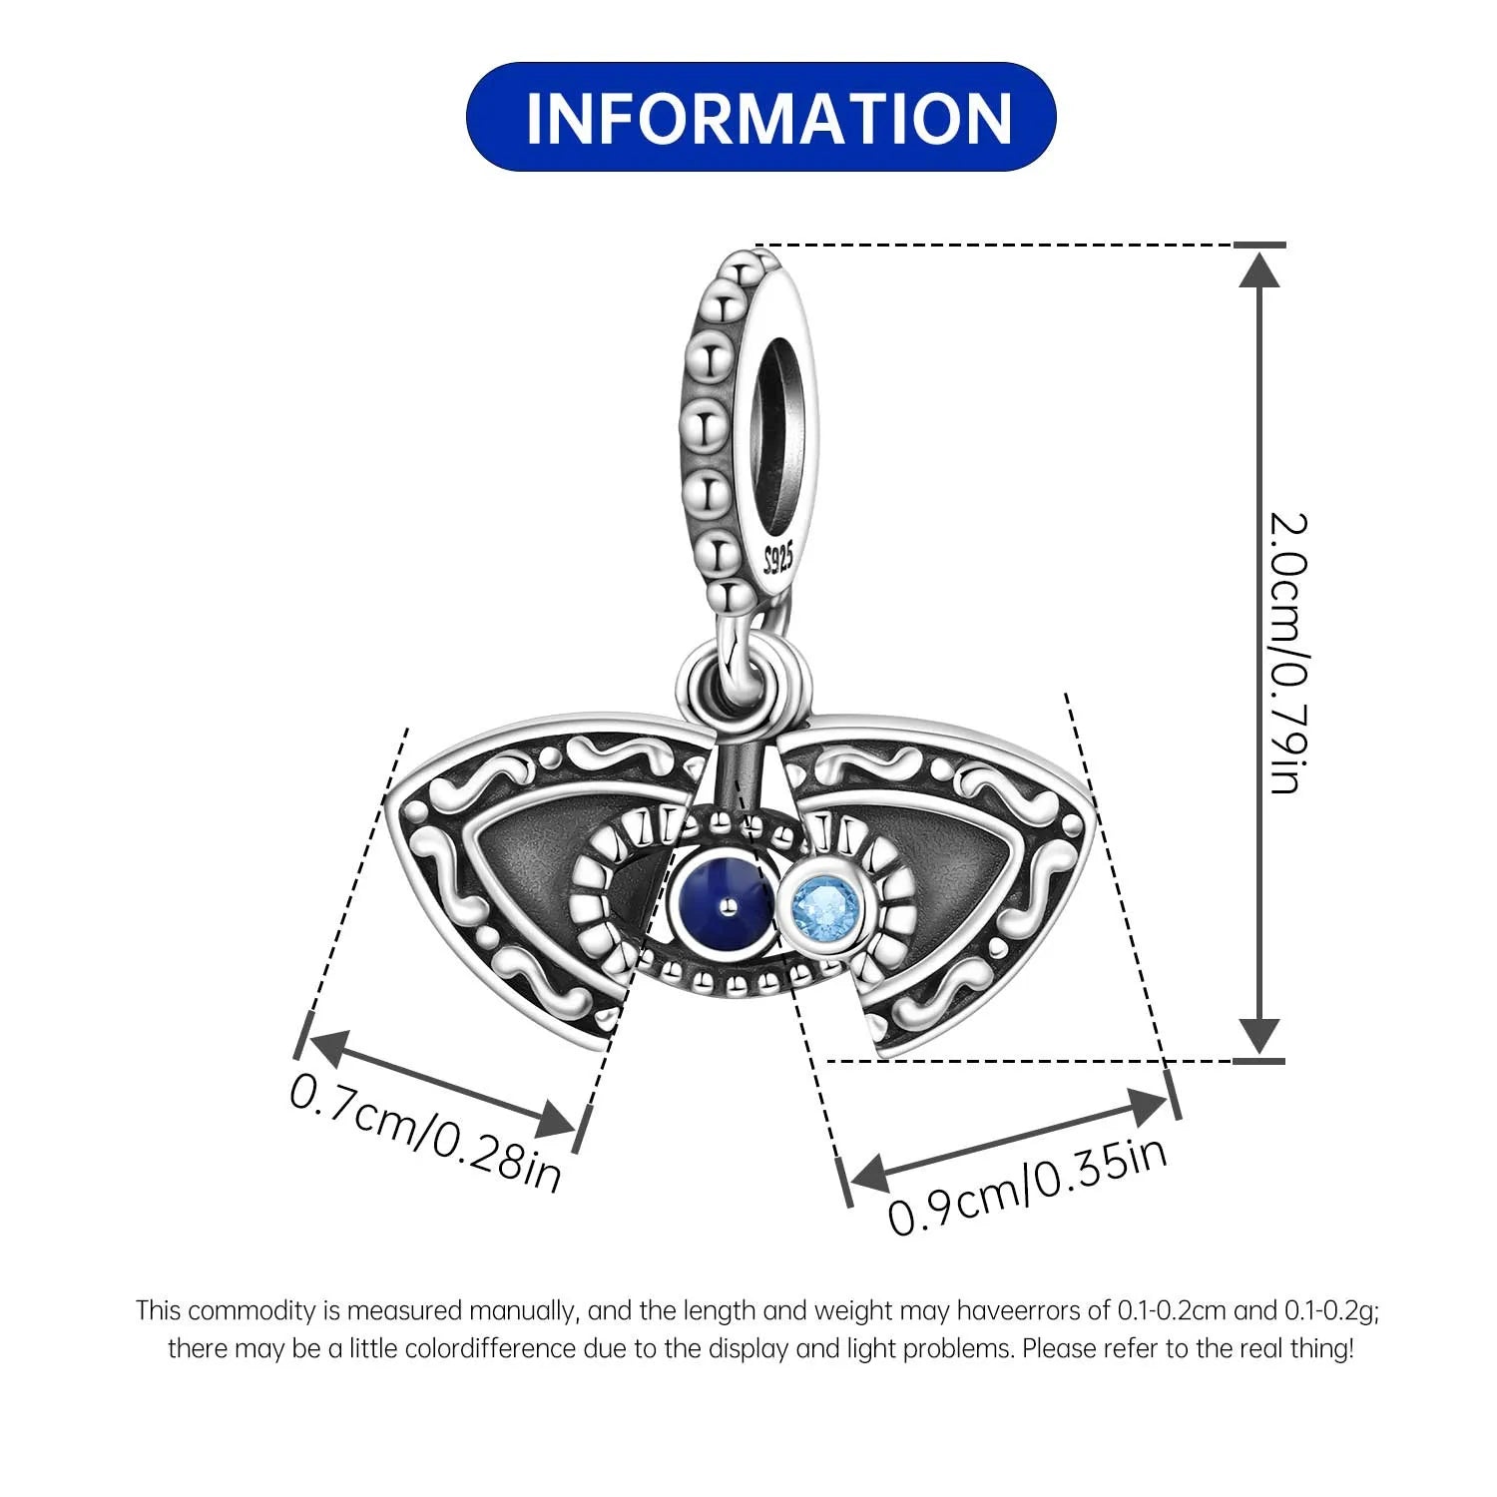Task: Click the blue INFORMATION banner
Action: (760, 117)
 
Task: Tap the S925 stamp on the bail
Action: (777, 558)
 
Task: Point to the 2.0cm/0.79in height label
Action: (1287, 654)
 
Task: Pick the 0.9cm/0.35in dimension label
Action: (1028, 1187)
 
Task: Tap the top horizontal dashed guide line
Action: (998, 245)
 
